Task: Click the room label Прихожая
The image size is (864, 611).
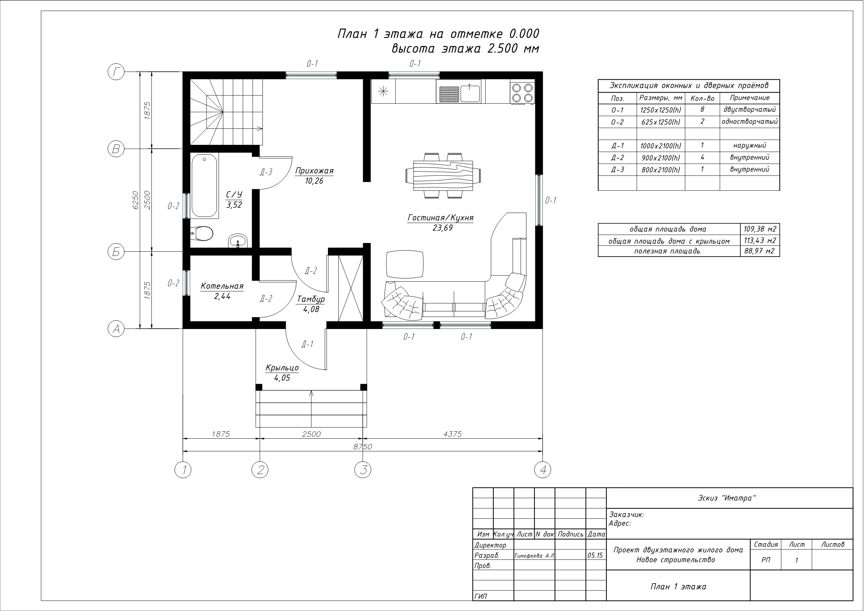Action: click(x=314, y=171)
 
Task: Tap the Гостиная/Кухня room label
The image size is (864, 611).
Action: click(x=440, y=218)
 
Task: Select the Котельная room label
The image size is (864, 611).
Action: click(x=222, y=286)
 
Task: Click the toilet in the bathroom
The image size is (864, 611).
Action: click(x=203, y=233)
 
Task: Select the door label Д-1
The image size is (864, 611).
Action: click(x=307, y=344)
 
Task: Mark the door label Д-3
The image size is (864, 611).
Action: click(x=266, y=172)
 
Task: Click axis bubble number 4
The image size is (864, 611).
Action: click(x=543, y=470)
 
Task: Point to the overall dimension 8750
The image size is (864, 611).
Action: click(x=363, y=446)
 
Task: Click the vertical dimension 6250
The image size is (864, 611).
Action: click(x=135, y=200)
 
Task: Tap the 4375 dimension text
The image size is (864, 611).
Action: click(x=452, y=434)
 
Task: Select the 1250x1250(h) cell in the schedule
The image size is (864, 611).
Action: click(x=660, y=110)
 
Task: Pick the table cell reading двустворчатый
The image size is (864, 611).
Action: click(x=749, y=110)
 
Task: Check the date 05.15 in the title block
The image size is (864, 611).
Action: click(x=595, y=555)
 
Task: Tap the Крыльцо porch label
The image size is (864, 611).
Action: click(x=282, y=368)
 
